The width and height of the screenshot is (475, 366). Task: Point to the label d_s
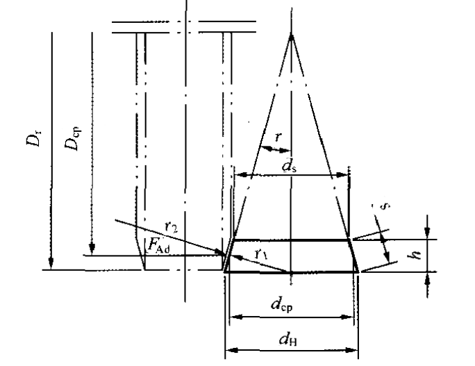click(290, 166)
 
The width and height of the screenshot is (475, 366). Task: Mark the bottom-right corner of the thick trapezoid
click(358, 272)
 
